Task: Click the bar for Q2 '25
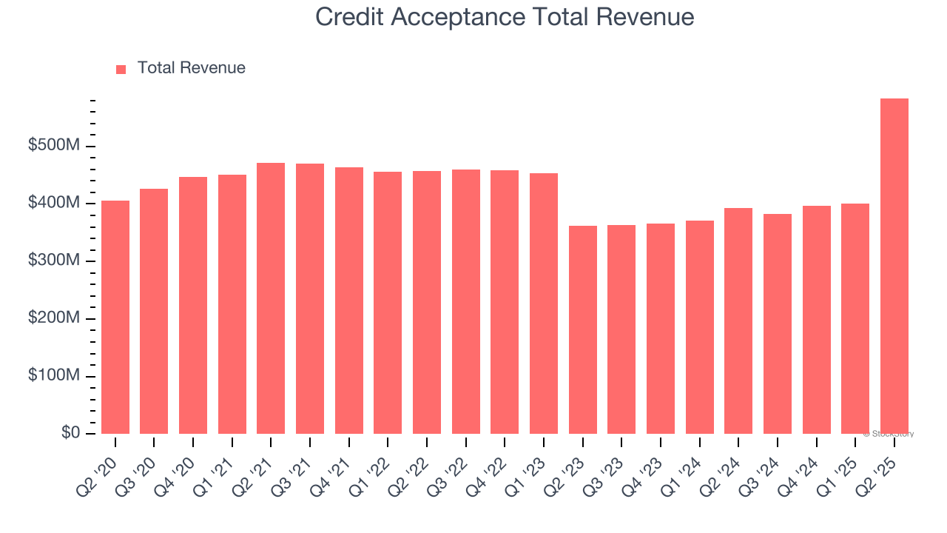coord(894,266)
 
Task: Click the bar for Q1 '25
coord(855,318)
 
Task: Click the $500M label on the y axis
coord(54,146)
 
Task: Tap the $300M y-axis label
coord(54,261)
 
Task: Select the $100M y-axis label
coord(54,376)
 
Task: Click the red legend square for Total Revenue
coord(121,69)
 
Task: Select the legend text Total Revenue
coord(191,68)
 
